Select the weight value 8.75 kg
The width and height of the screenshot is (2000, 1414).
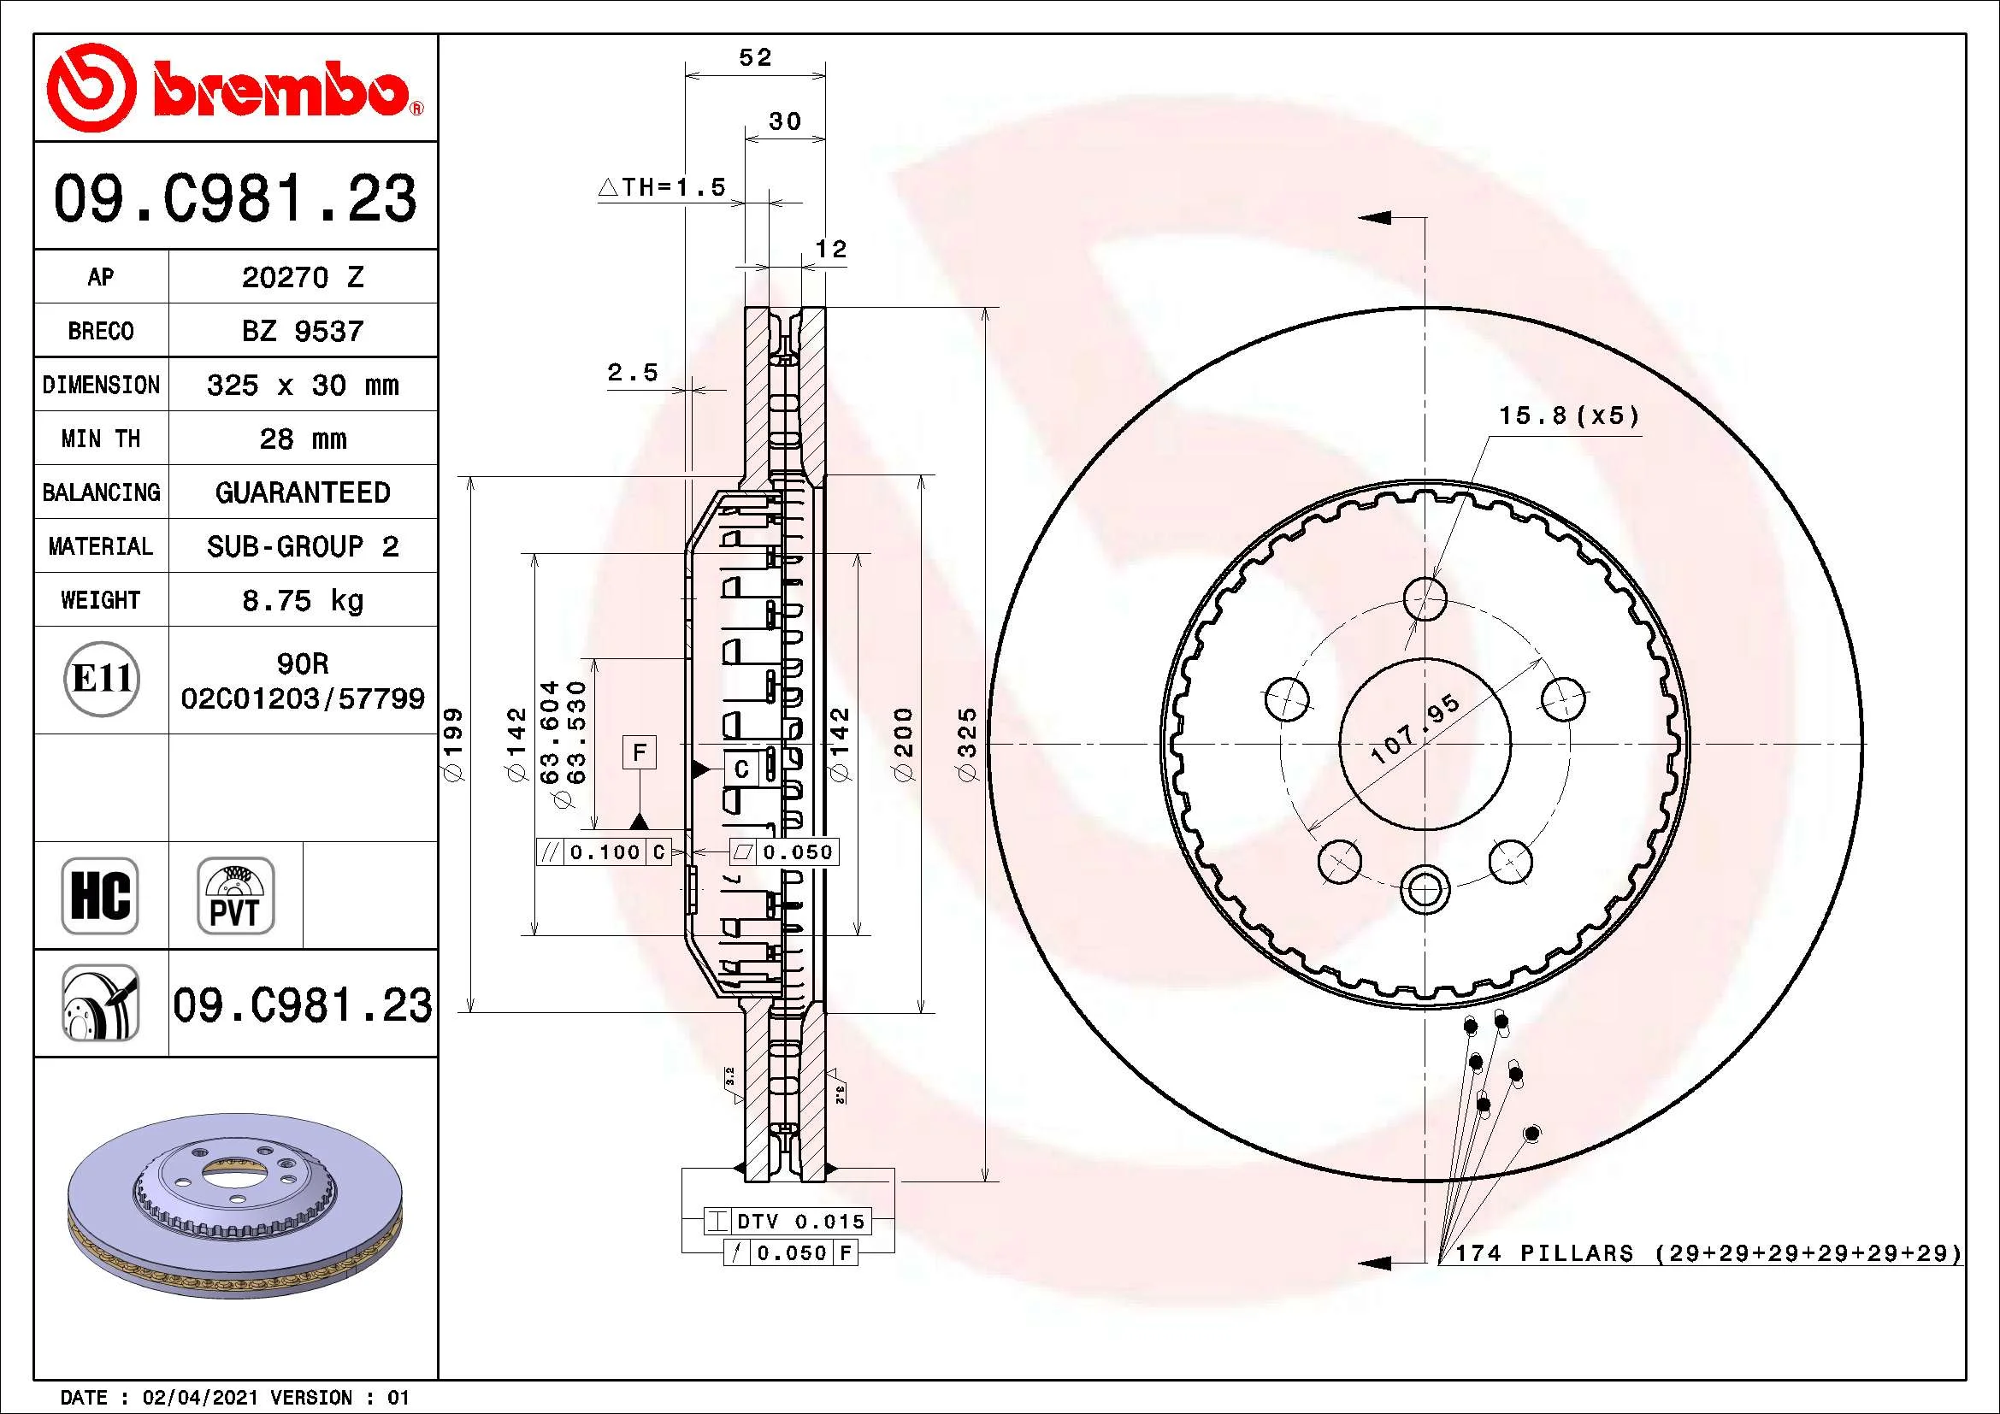[302, 600]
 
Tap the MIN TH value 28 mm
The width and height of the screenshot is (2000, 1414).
[302, 439]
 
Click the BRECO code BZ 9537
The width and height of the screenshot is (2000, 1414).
[302, 331]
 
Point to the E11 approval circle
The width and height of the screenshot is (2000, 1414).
[102, 678]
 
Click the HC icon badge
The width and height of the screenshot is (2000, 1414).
[100, 895]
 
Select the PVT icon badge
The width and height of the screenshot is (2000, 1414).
[235, 895]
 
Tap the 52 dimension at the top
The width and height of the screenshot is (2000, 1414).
[755, 57]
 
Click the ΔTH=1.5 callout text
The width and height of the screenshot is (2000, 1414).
[662, 186]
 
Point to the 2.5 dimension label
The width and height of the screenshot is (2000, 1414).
[633, 373]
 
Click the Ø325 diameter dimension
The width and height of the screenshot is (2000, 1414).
[968, 745]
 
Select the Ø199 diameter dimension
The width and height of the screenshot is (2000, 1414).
[454, 745]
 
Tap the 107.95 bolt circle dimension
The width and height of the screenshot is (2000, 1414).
[1416, 729]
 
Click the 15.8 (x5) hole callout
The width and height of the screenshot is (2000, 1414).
[1569, 415]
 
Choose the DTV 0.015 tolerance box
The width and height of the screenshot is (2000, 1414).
[788, 1221]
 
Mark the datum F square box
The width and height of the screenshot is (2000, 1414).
[640, 752]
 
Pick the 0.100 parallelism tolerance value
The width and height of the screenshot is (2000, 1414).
[605, 852]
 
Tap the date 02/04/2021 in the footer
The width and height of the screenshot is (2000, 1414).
[199, 1398]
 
